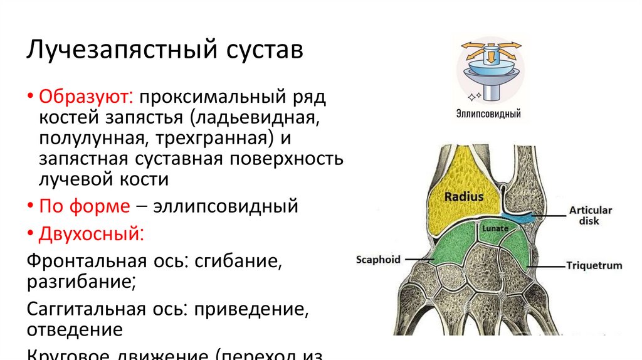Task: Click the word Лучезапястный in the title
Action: (117, 50)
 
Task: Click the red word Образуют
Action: (85, 98)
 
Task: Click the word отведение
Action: (73, 328)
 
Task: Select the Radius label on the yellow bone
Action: (463, 196)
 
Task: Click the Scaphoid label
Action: (377, 259)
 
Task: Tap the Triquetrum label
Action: (593, 265)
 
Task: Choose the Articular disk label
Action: (590, 215)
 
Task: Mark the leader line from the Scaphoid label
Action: (418, 259)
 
